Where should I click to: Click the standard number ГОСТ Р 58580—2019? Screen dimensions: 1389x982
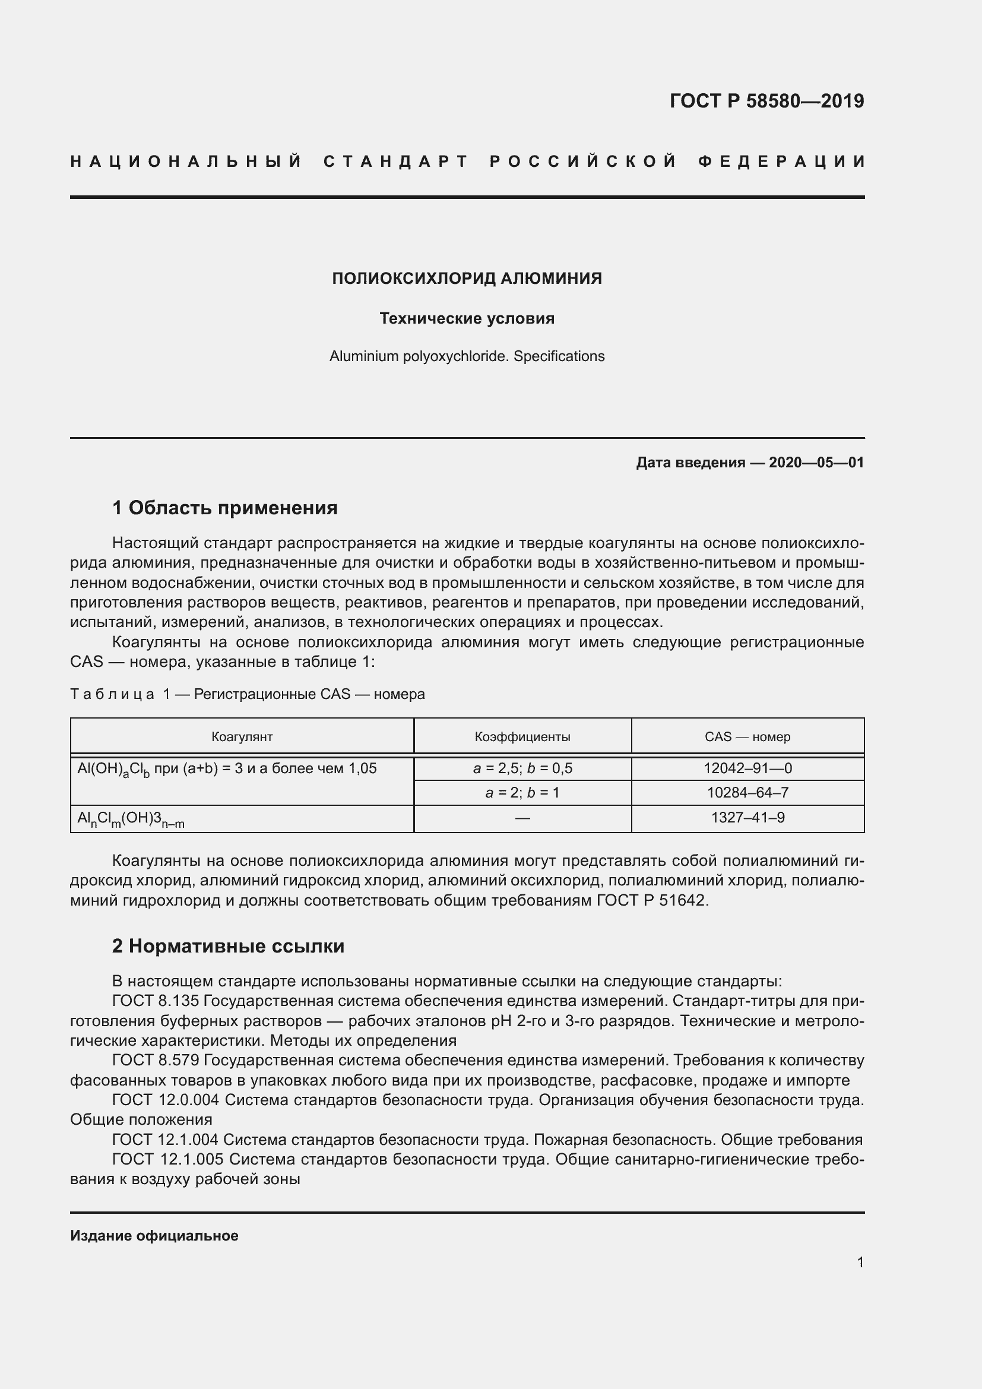pyautogui.click(x=766, y=101)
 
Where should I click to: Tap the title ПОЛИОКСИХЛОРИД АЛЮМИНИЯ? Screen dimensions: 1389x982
pyautogui.click(x=467, y=279)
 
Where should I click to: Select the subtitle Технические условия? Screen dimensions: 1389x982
pyautogui.click(x=467, y=318)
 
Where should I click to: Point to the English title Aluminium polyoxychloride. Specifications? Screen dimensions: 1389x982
pyautogui.click(x=467, y=356)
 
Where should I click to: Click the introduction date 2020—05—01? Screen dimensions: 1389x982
pyautogui.click(x=816, y=463)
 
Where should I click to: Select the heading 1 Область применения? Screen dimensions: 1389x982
pyautogui.click(x=224, y=508)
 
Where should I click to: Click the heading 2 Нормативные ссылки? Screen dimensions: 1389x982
pyautogui.click(x=228, y=945)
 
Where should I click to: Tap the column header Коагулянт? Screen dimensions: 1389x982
pyautogui.click(x=242, y=736)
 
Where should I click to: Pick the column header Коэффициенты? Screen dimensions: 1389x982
pyautogui.click(x=522, y=736)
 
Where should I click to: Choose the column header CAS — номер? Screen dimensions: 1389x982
pyautogui.click(x=747, y=736)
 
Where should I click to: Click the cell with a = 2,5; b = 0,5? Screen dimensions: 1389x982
pyautogui.click(x=522, y=768)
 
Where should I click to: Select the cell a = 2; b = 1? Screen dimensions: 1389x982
pyautogui.click(x=522, y=793)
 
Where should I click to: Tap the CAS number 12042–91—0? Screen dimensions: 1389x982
pyautogui.click(x=747, y=768)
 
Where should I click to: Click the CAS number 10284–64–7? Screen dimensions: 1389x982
pyautogui.click(x=747, y=793)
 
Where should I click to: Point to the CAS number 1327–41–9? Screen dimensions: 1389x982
pyautogui.click(x=747, y=818)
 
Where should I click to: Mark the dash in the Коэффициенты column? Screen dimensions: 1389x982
pyautogui.click(x=522, y=818)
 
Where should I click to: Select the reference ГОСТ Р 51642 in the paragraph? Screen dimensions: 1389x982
pyautogui.click(x=651, y=900)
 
